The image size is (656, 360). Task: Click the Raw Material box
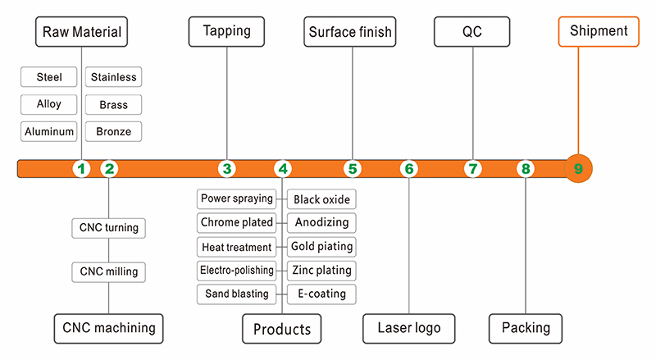pos(82,33)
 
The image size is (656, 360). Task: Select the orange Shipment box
pos(599,31)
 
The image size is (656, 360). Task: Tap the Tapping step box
pos(227,32)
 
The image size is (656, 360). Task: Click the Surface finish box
pos(350,33)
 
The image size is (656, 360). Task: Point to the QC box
pos(472,33)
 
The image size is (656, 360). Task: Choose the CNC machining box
pos(108,328)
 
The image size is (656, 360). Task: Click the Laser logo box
pos(408,328)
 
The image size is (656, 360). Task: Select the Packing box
pos(526,328)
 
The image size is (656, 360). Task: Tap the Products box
pos(281,330)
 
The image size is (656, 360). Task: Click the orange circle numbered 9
pos(578,169)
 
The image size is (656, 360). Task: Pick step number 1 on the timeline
pos(80,169)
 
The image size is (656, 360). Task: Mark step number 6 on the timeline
pos(408,169)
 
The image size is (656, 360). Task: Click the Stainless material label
pos(113,78)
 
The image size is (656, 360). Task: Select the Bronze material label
pos(113,131)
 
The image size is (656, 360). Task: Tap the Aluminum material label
pos(49,131)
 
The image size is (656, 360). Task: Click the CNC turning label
pos(109,227)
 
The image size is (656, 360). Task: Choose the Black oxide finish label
pos(322,199)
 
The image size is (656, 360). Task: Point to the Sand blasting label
pos(236,294)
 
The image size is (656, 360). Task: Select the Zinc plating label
pos(322,270)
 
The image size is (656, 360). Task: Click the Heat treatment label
pos(236,247)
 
